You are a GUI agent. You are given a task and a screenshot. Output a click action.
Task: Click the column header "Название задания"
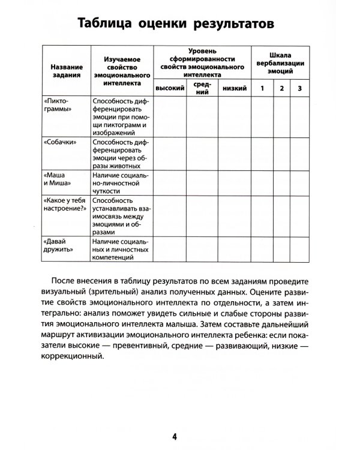[66, 70]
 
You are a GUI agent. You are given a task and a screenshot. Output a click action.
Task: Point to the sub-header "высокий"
[169, 88]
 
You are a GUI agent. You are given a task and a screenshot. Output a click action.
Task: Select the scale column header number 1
[261, 88]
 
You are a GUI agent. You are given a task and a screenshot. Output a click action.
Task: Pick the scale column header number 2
[281, 88]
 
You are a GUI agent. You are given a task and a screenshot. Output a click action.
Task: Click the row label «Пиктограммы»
[59, 106]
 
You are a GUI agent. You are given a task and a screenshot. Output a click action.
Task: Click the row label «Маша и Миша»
[58, 178]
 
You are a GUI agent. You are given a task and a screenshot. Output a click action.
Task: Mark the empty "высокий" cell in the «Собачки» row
[169, 152]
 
